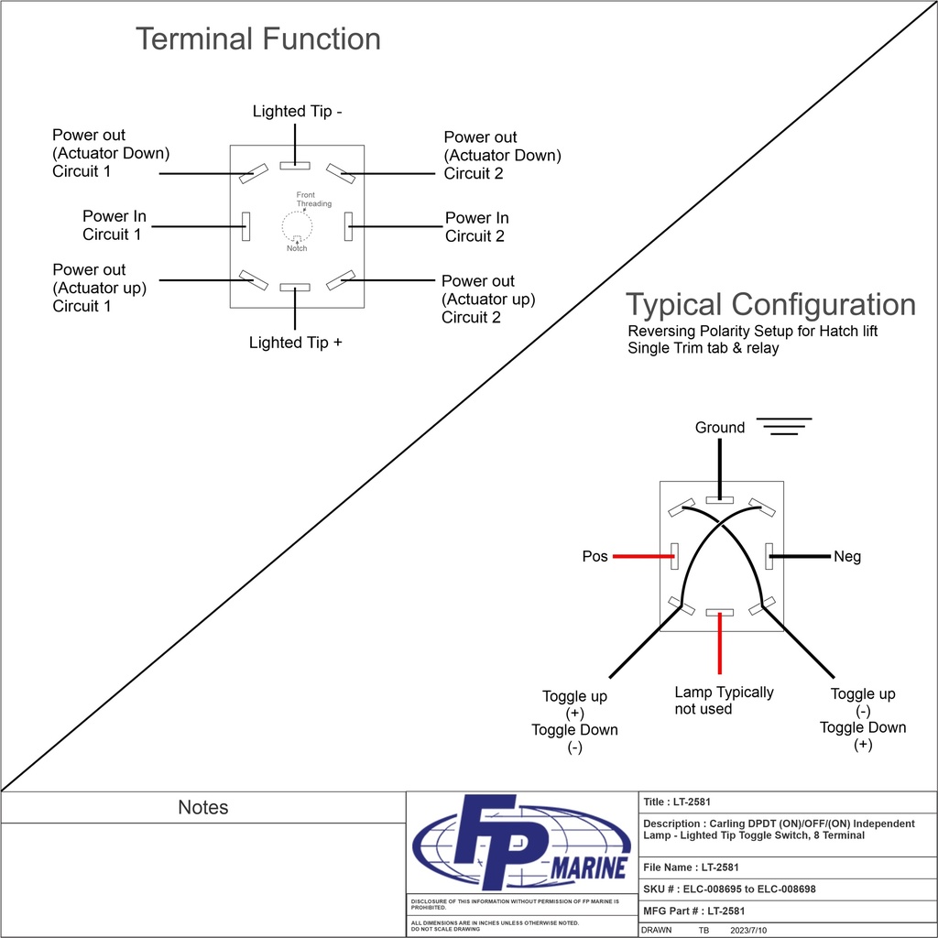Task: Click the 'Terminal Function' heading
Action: click(257, 39)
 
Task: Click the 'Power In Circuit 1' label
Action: click(114, 225)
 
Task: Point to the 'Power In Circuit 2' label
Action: click(476, 227)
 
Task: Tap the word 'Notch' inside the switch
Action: click(297, 249)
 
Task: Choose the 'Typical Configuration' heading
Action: click(770, 305)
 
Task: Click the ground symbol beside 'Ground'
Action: click(785, 427)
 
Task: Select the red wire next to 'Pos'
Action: click(642, 556)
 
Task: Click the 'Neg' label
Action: click(847, 557)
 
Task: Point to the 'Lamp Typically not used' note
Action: click(724, 701)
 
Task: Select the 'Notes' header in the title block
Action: click(202, 808)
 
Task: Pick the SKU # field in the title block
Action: click(729, 889)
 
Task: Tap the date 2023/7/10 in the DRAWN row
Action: click(747, 930)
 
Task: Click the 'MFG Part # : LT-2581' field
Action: click(694, 911)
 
